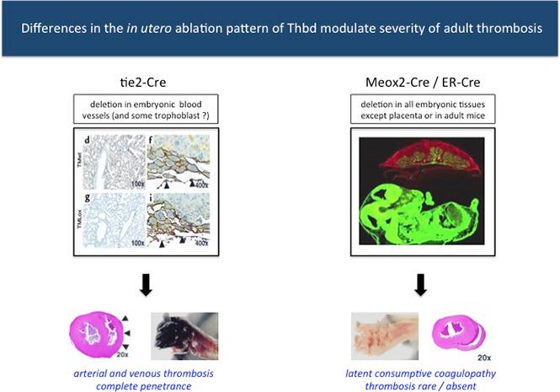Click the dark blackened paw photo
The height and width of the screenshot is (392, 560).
pos(184,332)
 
